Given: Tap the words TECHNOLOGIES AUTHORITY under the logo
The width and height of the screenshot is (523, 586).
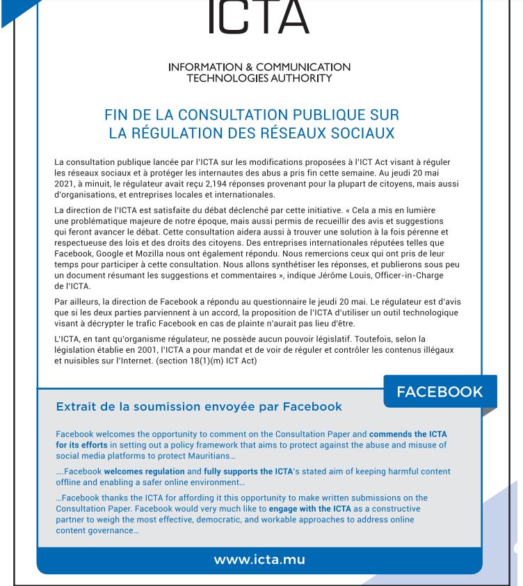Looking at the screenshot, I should [259, 78].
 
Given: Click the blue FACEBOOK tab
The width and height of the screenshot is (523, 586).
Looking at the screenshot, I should [439, 392].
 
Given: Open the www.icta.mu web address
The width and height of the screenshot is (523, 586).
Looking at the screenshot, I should [259, 560].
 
